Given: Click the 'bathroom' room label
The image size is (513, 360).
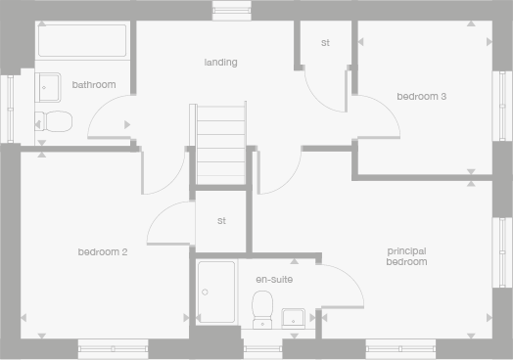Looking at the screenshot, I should point(94,85).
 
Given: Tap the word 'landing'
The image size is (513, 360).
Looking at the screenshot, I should point(220,63).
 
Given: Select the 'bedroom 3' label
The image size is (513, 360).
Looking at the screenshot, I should point(422,96).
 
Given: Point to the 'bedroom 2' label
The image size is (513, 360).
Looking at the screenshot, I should point(103,252).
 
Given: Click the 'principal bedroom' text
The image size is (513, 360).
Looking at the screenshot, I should point(406,256).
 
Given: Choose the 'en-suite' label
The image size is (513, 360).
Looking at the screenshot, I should point(274,280).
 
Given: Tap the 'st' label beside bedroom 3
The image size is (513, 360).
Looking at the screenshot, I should point(325,43).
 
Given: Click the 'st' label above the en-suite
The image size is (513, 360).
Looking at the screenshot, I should point(222,220).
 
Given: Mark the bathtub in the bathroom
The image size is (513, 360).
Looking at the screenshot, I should point(82,42).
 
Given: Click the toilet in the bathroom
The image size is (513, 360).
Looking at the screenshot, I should point(54,121).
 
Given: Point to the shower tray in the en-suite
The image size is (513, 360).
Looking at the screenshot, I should point(215,292).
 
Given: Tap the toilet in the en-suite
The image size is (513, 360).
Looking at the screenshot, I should point(262,311).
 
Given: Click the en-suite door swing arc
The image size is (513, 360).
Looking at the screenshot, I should point(343,284).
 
